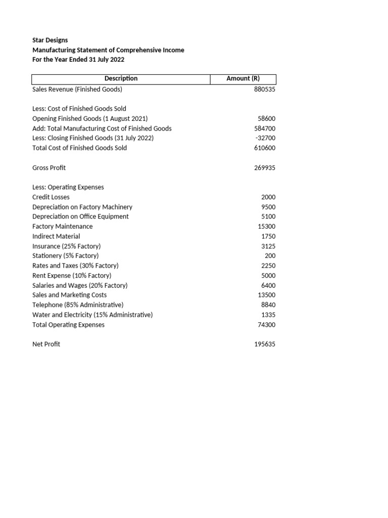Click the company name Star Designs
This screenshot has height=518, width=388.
[x=50, y=40]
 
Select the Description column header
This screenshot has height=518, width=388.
[x=121, y=78]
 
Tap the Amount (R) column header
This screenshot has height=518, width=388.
[x=243, y=78]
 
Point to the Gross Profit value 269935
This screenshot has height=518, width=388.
[x=264, y=168]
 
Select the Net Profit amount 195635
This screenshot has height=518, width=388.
[x=264, y=344]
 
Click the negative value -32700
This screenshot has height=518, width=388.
[x=265, y=138]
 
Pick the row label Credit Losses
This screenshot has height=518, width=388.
[x=51, y=197]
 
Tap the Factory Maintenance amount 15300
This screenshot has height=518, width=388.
[x=266, y=227]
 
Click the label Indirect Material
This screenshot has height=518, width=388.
[x=56, y=236]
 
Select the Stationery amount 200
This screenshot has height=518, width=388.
[x=270, y=256]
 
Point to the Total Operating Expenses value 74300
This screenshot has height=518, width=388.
[x=266, y=325]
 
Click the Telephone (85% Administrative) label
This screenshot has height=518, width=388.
[x=78, y=305]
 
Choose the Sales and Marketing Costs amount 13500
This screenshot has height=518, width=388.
[x=266, y=295]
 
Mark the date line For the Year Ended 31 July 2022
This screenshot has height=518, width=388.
[x=78, y=60]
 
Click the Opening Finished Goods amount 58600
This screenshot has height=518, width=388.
[x=266, y=119]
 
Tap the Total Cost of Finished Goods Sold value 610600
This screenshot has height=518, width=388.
[x=264, y=148]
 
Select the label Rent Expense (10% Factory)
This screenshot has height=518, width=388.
[x=72, y=276]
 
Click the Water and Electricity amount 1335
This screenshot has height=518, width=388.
[x=268, y=315]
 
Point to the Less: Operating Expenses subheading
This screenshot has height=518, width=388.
[x=68, y=187]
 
